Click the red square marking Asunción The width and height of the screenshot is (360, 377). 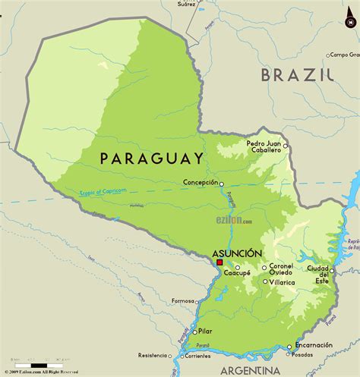coord(219,262)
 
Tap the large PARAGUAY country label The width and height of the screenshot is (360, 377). coord(152,159)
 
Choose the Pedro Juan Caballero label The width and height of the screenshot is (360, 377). coord(264,146)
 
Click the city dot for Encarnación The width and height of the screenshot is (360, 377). coord(289,347)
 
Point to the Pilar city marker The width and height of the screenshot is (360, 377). coord(192,331)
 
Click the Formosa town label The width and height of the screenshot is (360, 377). coord(183,300)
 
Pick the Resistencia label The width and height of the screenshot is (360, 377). coord(152,355)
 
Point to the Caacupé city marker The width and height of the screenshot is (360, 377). coord(238,268)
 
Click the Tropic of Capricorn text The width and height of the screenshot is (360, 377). coord(103,192)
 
